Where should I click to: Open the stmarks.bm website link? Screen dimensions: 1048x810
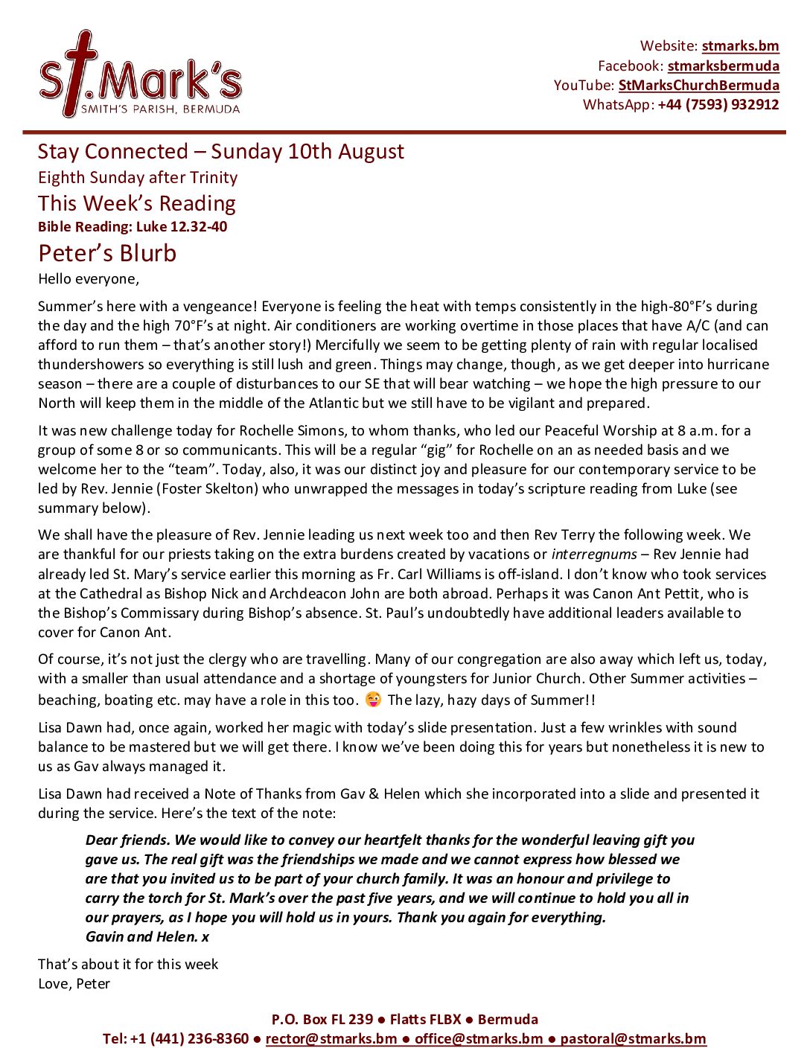click(x=740, y=46)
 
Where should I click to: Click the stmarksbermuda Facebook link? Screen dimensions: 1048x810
click(x=723, y=65)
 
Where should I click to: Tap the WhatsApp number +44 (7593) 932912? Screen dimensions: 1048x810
click(x=718, y=104)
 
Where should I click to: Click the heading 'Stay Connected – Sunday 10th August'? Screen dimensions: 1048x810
click(x=220, y=151)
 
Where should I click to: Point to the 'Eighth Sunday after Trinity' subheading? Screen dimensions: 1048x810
click(x=138, y=177)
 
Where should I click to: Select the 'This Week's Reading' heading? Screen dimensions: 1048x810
click(x=137, y=203)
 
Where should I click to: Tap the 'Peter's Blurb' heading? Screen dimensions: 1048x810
click(x=107, y=253)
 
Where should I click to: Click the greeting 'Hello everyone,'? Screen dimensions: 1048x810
click(x=89, y=279)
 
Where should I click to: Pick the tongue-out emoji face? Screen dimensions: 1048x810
click(x=373, y=700)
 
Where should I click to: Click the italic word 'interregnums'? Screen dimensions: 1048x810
click(x=593, y=555)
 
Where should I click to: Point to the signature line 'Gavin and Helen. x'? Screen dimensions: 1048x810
click(x=147, y=936)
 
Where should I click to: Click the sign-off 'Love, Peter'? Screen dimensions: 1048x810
click(x=74, y=983)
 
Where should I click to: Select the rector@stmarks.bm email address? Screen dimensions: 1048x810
click(x=331, y=1038)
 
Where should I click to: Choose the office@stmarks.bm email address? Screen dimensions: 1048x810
click(x=479, y=1038)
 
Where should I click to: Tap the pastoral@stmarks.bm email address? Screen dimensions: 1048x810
click(x=633, y=1038)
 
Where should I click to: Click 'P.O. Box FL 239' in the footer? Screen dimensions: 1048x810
click(x=322, y=1019)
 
